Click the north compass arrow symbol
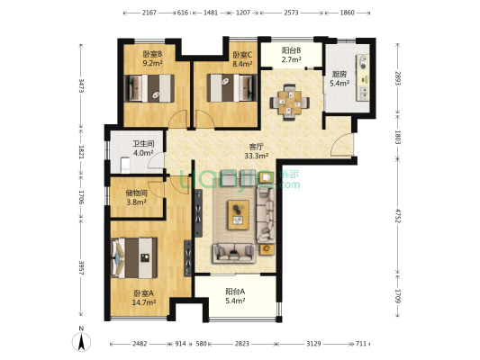81,341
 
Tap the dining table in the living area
289,103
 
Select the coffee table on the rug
238,215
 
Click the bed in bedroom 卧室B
149,88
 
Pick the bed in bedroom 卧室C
231,88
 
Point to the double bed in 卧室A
134,257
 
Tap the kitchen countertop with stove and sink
362,78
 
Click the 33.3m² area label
257,156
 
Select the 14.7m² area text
144,302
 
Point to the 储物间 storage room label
137,193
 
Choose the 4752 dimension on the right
397,216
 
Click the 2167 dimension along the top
149,13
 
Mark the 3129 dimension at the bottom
313,344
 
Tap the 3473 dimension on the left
81,85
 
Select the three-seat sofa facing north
234,253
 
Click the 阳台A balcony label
235,292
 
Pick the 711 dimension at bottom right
361,344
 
